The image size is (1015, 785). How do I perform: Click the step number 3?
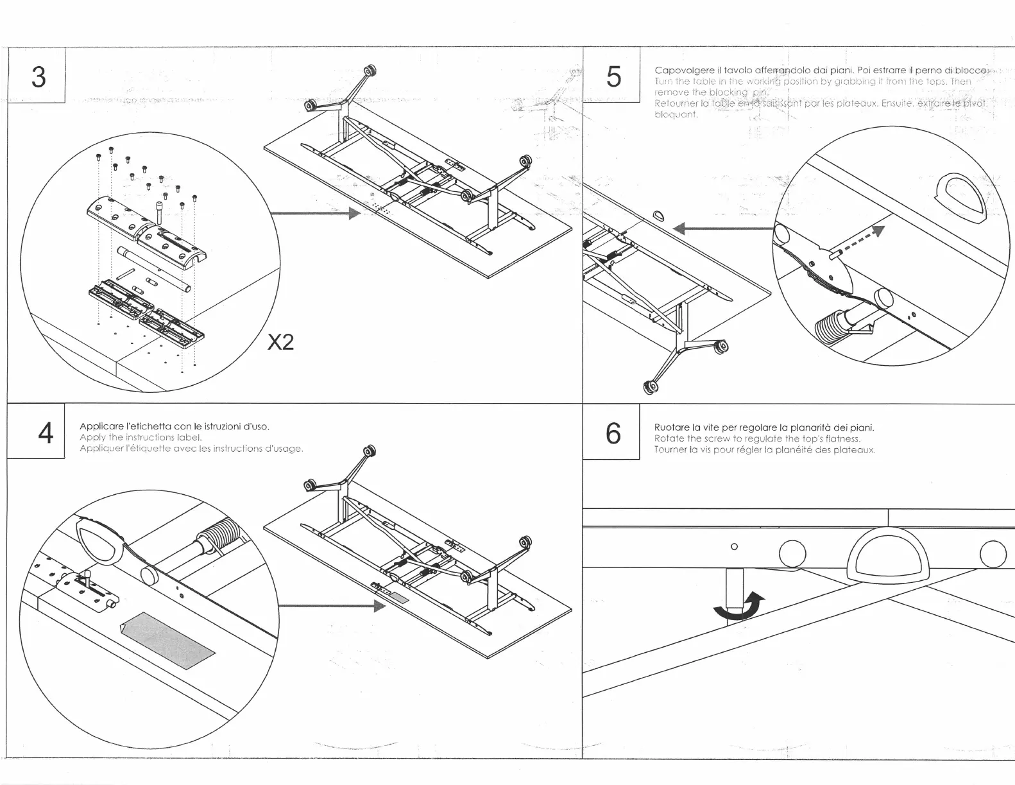pos(38,77)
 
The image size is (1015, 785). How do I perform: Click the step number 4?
pos(45,434)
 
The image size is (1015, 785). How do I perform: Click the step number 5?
pos(613,77)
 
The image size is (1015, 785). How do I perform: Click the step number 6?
pos(613,434)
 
